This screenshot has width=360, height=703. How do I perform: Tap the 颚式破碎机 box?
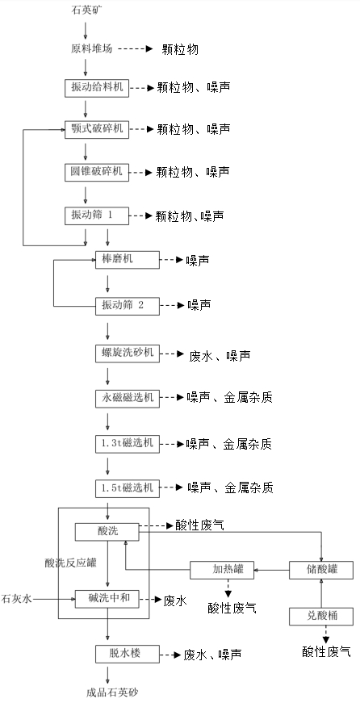pos(96,130)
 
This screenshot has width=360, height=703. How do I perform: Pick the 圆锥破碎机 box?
pos(96,172)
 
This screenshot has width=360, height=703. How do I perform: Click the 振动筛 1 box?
pos(96,216)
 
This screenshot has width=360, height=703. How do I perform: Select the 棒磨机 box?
pos(128,260)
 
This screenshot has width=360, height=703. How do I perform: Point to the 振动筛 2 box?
pos(128,306)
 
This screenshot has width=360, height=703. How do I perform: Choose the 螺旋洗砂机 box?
pos(128,354)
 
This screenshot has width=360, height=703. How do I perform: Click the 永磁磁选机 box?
pos(128,399)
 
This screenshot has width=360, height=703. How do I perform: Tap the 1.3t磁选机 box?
pos(128,444)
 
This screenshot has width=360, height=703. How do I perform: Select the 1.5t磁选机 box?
pos(128,488)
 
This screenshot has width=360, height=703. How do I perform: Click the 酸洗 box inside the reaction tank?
pos(107,532)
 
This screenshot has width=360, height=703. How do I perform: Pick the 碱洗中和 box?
pos(107,599)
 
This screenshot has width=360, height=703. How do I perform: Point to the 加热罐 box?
pos(222,570)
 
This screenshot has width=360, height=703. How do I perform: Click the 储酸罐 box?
pos(321,570)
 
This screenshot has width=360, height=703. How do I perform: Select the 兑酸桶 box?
pos(321,617)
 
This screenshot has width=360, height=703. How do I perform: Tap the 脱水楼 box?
pos(128,654)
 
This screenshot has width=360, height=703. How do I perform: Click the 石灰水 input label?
pos(17,599)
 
